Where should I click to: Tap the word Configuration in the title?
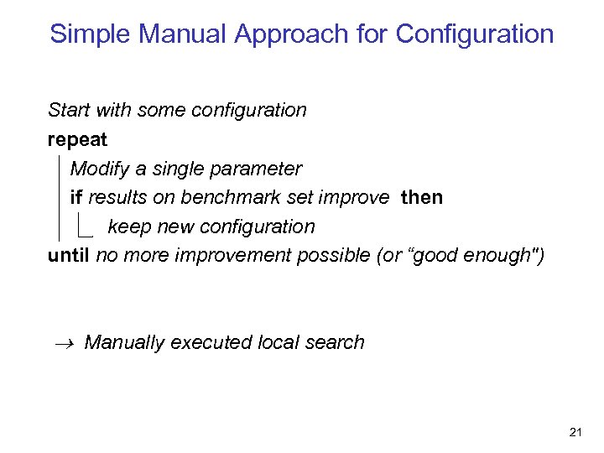click(475, 34)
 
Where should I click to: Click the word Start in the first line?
click(70, 110)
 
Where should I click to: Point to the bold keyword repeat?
click(78, 139)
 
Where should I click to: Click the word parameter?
click(260, 169)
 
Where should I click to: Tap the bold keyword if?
click(75, 197)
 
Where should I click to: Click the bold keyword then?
click(422, 197)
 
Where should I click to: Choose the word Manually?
click(125, 342)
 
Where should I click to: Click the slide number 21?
click(575, 432)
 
